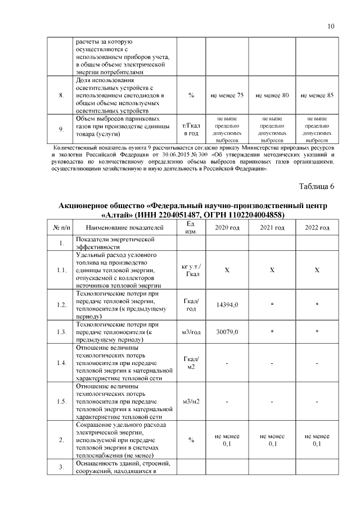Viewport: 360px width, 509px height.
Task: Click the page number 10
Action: tap(331, 26)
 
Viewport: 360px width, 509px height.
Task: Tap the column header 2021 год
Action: tap(272, 227)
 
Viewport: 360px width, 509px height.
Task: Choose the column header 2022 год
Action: tap(317, 227)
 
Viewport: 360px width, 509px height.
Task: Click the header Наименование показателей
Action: tap(125, 227)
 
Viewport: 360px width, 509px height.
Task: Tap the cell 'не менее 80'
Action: tap(272, 96)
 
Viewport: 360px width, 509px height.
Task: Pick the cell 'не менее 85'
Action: tap(317, 96)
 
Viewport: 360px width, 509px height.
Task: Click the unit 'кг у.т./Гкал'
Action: tap(191, 270)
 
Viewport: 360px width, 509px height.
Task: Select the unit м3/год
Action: tap(191, 332)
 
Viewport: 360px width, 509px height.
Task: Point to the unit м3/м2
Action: tap(191, 402)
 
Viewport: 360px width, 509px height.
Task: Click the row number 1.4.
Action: tap(61, 363)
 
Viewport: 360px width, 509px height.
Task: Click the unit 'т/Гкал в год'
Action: tap(191, 129)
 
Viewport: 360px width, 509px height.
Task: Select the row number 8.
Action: tap(61, 96)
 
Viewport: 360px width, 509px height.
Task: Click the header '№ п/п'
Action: tap(61, 227)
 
